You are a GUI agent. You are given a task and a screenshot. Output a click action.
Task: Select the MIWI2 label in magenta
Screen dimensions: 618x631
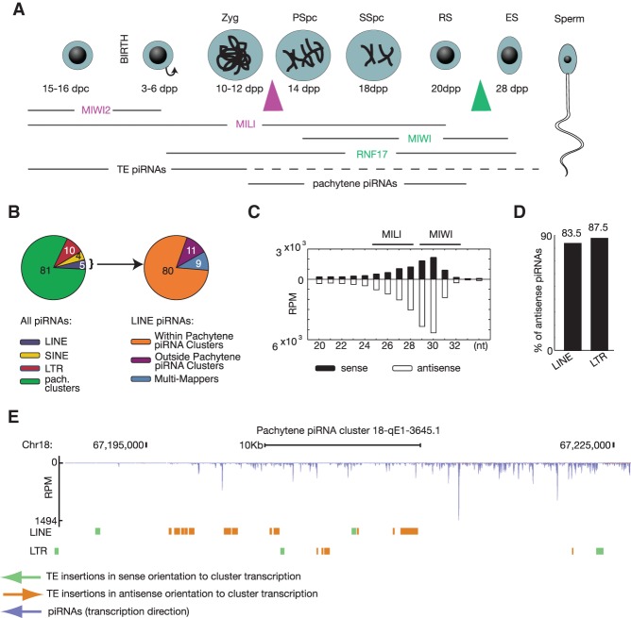click(x=90, y=111)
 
